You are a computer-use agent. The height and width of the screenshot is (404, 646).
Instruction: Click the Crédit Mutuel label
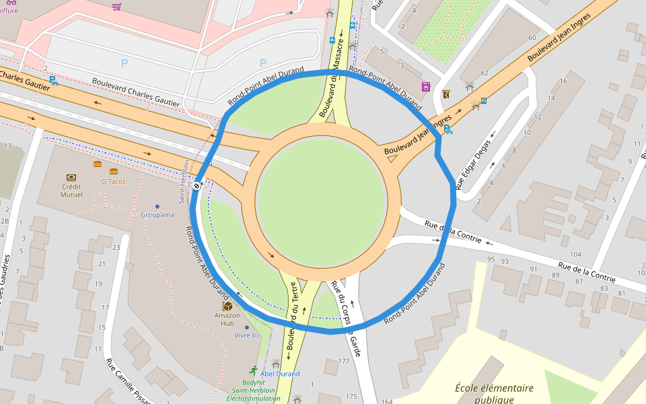pos(72,191)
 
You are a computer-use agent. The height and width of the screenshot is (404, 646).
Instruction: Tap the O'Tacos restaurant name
pos(114,182)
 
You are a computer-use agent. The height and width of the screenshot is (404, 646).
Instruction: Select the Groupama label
pos(157,215)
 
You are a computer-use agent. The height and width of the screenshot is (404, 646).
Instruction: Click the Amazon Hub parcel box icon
pos(227,306)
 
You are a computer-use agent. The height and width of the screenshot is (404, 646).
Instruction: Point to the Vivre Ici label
pos(246,335)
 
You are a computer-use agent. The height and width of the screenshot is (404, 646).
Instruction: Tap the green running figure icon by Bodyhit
pos(253,370)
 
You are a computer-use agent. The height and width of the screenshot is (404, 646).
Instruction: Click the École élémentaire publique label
pos(494,394)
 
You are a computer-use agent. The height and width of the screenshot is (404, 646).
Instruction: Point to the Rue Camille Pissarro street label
pos(128,380)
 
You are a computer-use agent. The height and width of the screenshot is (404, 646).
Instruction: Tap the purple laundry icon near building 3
pos(425,87)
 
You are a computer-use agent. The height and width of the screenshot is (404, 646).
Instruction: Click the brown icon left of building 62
pos(447,95)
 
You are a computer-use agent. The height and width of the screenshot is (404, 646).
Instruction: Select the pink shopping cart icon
pos(117,7)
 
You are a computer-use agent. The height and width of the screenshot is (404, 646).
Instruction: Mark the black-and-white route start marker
pos(196,186)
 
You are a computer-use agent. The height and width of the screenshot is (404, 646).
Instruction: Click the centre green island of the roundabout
pos(328,200)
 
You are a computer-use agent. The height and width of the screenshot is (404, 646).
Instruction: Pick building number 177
pos(344,362)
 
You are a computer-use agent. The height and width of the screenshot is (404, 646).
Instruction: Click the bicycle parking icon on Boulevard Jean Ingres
pos(447,129)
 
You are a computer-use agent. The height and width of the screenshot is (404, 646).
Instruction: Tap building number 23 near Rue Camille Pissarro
pos(116,248)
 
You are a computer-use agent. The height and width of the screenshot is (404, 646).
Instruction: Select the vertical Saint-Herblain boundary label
pos(183,181)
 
